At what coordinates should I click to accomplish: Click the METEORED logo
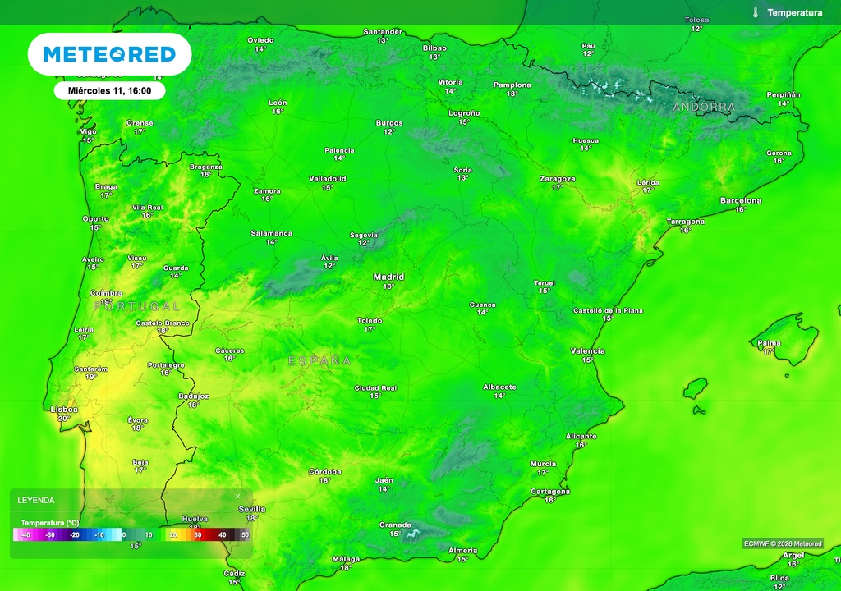(x=109, y=54)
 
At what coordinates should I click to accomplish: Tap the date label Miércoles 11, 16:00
(x=109, y=90)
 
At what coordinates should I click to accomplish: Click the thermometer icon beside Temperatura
(x=755, y=12)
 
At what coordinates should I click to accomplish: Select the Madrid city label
(x=388, y=277)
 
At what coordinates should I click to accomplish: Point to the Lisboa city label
(x=64, y=409)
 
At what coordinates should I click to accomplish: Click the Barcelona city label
(x=741, y=200)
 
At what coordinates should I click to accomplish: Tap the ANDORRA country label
(x=704, y=108)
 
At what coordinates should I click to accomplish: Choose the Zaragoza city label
(x=558, y=178)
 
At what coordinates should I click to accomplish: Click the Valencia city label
(x=587, y=350)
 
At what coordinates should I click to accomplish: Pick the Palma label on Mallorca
(x=769, y=342)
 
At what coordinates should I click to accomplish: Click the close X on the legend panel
(x=238, y=496)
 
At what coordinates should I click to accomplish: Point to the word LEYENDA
(x=36, y=499)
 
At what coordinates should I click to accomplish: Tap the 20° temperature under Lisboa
(x=64, y=419)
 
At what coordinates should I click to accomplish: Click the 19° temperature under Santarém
(x=90, y=377)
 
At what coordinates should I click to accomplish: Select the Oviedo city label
(x=260, y=39)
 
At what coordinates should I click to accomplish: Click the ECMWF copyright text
(x=782, y=543)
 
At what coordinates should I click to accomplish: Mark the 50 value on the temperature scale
(x=245, y=534)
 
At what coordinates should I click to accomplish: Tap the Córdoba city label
(x=324, y=471)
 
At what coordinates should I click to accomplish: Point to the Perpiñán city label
(x=784, y=94)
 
